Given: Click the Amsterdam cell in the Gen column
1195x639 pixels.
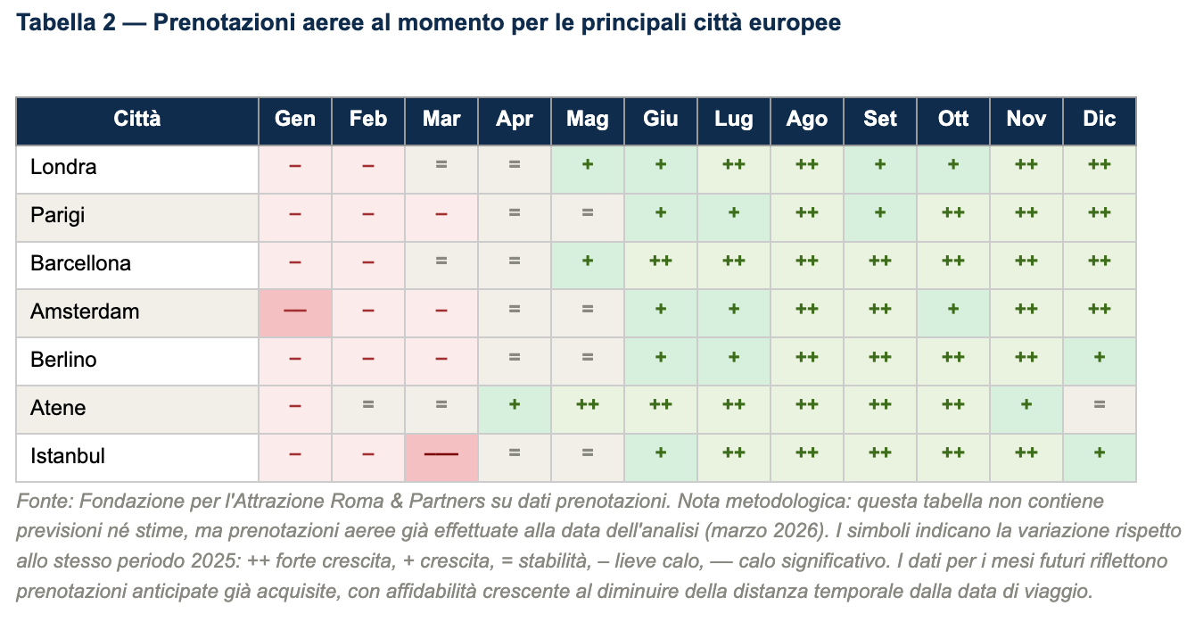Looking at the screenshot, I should [x=295, y=312].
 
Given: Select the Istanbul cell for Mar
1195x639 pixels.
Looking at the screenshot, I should [x=441, y=457].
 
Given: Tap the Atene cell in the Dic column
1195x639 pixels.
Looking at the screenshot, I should [x=1100, y=409].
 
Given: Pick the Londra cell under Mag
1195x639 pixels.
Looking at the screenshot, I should [x=588, y=168].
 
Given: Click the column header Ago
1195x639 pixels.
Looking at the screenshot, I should [x=807, y=120].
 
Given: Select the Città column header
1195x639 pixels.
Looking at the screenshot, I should [x=137, y=120].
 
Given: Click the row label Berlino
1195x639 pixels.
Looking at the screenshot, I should [x=63, y=361].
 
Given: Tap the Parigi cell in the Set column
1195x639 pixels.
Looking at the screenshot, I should [x=880, y=216].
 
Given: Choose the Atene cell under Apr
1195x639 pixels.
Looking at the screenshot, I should [x=515, y=409].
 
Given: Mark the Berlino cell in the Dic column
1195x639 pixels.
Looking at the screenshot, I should [x=1100, y=361].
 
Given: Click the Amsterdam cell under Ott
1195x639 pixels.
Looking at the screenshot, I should [x=953, y=312].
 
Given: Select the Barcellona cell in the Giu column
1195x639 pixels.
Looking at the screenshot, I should [x=661, y=264].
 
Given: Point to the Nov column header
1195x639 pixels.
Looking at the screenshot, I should [x=1026, y=120].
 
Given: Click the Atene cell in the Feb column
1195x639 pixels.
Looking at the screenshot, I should [x=368, y=409].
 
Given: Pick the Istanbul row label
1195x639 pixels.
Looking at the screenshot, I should [x=68, y=457].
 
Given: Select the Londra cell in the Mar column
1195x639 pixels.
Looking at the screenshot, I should [x=441, y=168].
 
